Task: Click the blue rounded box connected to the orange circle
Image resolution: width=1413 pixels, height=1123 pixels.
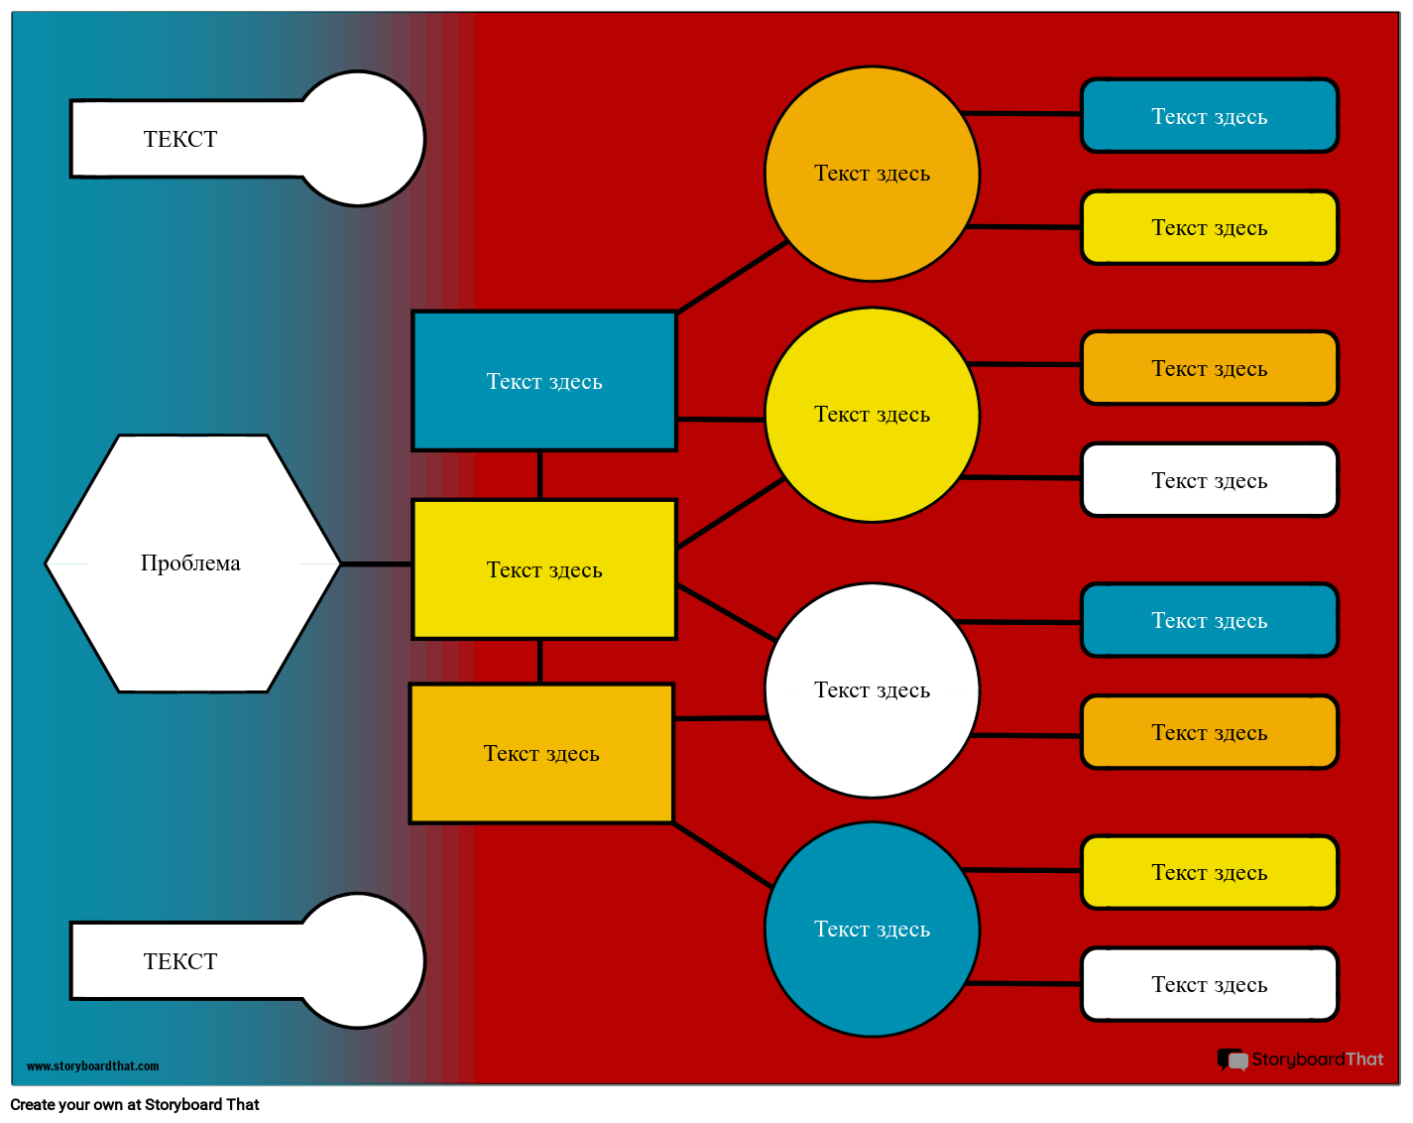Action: coord(1210,116)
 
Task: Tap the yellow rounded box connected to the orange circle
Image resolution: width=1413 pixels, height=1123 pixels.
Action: coord(1210,228)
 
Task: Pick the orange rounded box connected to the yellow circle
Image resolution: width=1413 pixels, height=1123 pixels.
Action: coord(1210,368)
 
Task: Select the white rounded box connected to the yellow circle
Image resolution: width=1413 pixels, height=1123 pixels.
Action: coord(1210,480)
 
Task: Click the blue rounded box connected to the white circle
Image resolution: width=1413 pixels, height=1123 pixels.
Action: coord(1210,620)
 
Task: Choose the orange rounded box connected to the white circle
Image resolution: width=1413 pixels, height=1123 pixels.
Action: coord(1210,732)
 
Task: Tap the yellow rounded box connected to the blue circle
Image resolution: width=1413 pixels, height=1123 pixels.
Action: coord(1210,872)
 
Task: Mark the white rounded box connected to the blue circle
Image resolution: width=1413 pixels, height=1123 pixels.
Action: coord(1210,984)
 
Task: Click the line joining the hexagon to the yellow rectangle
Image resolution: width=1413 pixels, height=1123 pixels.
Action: coord(377,563)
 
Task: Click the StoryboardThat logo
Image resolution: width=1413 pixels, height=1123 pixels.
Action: coord(1300,1060)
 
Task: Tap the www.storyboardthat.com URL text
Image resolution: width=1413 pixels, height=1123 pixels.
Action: coord(92,1066)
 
